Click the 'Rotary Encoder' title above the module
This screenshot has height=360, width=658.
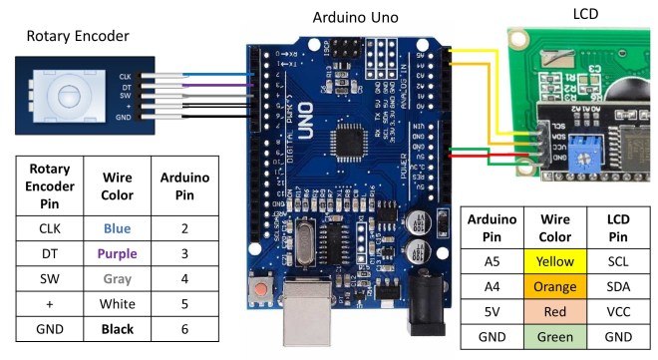coord(77,37)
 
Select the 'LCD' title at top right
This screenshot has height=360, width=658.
coord(586,13)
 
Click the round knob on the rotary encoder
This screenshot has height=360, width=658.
coord(68,96)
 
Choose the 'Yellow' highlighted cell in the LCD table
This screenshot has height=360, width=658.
coord(555,260)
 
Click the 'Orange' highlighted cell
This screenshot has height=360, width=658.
coord(555,285)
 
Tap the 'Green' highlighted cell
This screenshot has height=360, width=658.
coord(555,336)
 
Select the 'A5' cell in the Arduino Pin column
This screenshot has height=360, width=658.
coord(493,260)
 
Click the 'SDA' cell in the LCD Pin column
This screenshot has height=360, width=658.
coord(618,285)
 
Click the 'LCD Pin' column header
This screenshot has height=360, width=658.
coord(618,225)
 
